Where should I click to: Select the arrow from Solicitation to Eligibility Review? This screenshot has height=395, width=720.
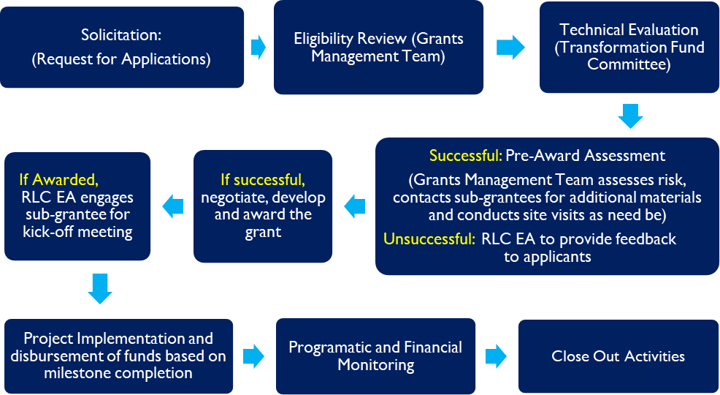click(x=258, y=47)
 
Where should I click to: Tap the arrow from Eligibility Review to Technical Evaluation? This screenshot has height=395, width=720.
click(x=510, y=47)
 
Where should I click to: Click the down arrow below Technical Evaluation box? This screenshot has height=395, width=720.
click(x=630, y=116)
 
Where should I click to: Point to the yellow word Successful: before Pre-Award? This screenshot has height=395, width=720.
click(x=466, y=156)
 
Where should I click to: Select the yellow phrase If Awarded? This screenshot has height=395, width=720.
click(x=58, y=180)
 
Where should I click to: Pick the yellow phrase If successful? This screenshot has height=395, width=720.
click(x=263, y=180)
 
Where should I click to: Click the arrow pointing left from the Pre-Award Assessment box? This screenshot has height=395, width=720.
click(x=354, y=206)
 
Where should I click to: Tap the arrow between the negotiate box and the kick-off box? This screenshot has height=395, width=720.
click(x=172, y=206)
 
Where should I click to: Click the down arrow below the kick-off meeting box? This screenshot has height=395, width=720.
click(x=100, y=289)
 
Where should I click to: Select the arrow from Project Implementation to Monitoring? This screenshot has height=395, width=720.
click(x=253, y=356)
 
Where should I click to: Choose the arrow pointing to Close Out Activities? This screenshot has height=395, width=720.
click(x=496, y=356)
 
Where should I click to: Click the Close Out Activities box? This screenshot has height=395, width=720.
click(x=618, y=356)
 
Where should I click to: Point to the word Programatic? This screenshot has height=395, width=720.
click(x=325, y=347)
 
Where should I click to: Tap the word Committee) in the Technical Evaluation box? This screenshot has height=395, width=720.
click(x=629, y=64)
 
